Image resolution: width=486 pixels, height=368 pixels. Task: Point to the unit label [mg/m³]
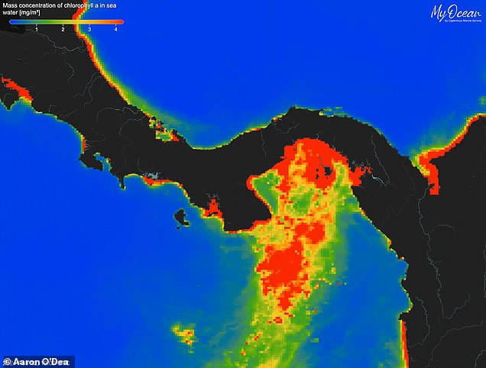pos(31,14)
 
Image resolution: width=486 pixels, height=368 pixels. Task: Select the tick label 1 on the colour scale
pos(36,28)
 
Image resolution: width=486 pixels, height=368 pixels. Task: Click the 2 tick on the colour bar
pos(63,28)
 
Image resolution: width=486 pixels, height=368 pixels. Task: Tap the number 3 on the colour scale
pos(89,28)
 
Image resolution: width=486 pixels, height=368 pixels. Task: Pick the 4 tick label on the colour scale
pos(115,28)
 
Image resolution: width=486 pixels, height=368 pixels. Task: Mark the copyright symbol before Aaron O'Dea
pos(7,360)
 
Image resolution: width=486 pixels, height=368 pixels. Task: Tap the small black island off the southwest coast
pos(182,218)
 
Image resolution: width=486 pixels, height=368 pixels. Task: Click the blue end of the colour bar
pos(12,21)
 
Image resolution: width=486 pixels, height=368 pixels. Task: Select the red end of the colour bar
pos(120,21)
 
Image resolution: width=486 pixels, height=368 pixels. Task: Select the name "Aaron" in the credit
pos(24,360)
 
